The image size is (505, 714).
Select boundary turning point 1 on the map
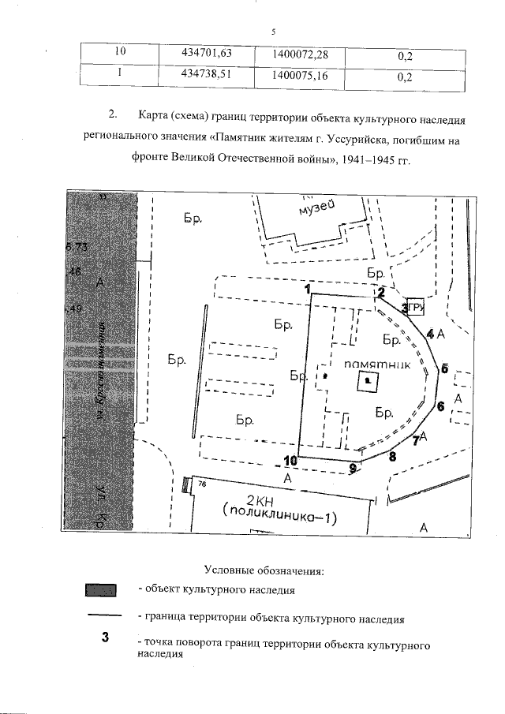[305, 289]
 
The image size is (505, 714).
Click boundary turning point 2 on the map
[380, 292]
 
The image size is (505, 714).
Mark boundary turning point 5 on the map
[444, 368]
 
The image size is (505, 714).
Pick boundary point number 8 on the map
[393, 454]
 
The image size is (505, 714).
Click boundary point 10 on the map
[290, 460]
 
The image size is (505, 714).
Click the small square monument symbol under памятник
[368, 383]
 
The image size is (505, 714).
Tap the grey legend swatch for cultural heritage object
[99, 589]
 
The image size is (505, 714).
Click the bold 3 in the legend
[104, 637]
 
